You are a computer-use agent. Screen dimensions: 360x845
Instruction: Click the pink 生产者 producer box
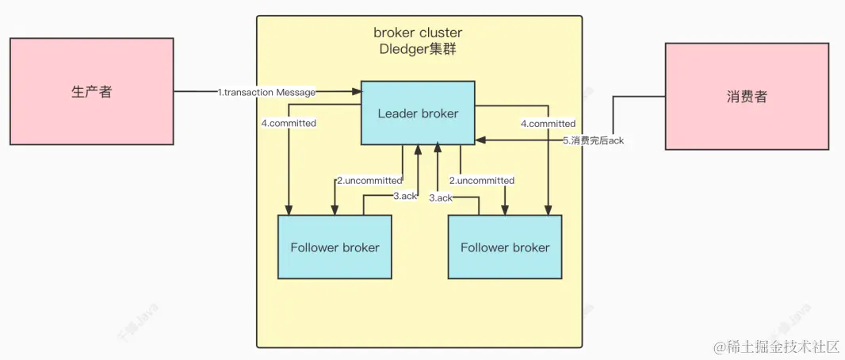(91, 92)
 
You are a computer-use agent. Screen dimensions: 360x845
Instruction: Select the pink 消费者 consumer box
(747, 97)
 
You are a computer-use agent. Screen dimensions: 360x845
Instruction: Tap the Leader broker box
(418, 113)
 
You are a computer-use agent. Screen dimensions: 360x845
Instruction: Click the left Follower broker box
(335, 247)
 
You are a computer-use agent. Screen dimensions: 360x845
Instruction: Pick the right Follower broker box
(505, 247)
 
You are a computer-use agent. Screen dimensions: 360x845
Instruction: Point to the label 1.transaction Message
(266, 93)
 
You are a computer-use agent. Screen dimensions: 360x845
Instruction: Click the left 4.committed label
(289, 124)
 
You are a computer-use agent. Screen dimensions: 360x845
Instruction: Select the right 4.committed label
(548, 124)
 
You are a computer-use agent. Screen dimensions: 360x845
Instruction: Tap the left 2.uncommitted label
(369, 181)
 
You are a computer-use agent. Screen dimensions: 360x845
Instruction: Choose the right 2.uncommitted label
(482, 181)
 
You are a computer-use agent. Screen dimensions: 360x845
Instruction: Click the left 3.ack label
(404, 196)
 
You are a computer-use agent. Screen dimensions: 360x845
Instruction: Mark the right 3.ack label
(441, 197)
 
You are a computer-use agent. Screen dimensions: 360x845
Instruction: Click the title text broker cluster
(418, 33)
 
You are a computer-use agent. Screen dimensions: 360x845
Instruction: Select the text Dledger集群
(418, 48)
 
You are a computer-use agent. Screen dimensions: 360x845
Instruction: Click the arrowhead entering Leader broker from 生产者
(357, 92)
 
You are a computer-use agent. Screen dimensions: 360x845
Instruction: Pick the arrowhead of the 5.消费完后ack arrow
(480, 141)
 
